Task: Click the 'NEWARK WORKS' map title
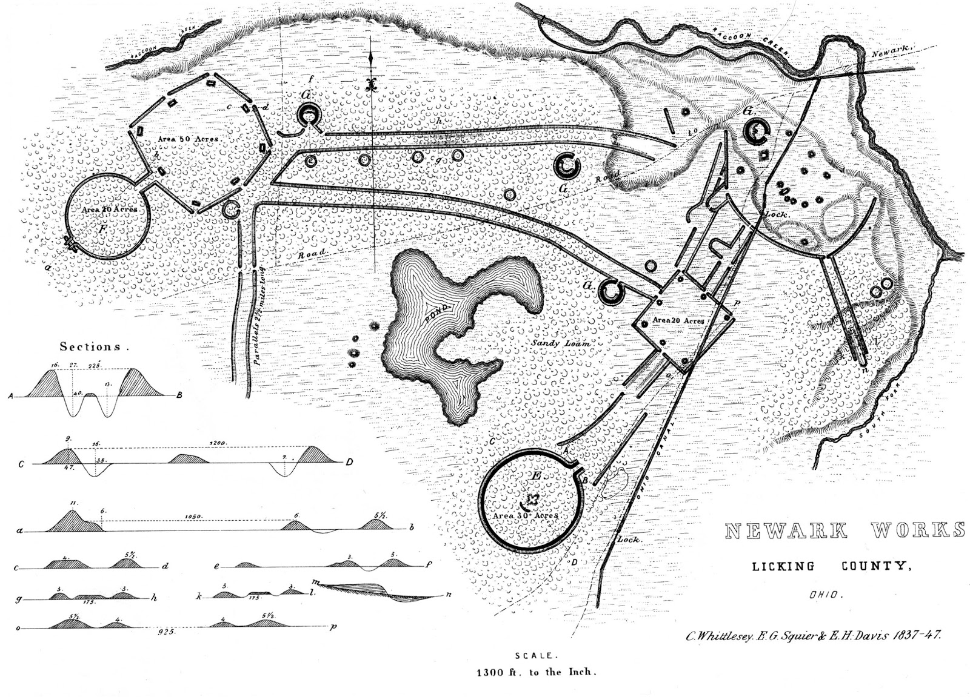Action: click(845, 530)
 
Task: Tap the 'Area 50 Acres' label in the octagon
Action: click(188, 139)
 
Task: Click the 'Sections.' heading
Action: click(94, 347)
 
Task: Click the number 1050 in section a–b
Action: click(194, 517)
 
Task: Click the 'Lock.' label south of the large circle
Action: click(629, 539)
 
